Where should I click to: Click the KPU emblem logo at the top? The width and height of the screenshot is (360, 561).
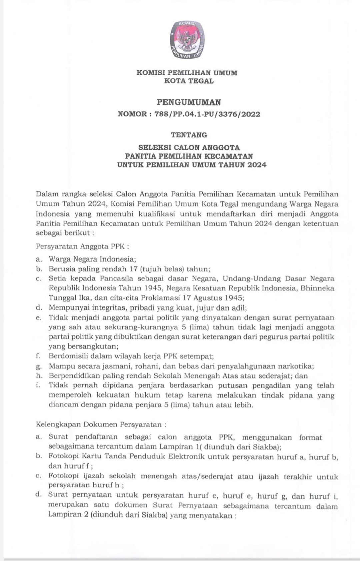pos(187,40)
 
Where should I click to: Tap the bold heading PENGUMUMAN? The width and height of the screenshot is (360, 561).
pos(189,102)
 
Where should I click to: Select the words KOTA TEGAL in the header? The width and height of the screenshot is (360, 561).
pos(189,81)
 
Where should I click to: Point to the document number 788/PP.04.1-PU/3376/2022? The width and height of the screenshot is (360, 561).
pos(207,114)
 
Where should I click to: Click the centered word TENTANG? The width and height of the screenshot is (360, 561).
pos(189,135)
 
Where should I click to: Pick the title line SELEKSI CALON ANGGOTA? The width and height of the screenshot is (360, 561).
pos(189,147)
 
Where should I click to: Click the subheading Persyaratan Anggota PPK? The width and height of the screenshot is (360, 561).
pos(82,247)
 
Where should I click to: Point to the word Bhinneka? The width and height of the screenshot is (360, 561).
pos(317,288)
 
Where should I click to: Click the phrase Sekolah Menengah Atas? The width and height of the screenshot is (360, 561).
pos(191,376)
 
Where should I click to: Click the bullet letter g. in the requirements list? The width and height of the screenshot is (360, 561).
pos(39,367)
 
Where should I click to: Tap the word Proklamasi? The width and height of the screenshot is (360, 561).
pos(162,298)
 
